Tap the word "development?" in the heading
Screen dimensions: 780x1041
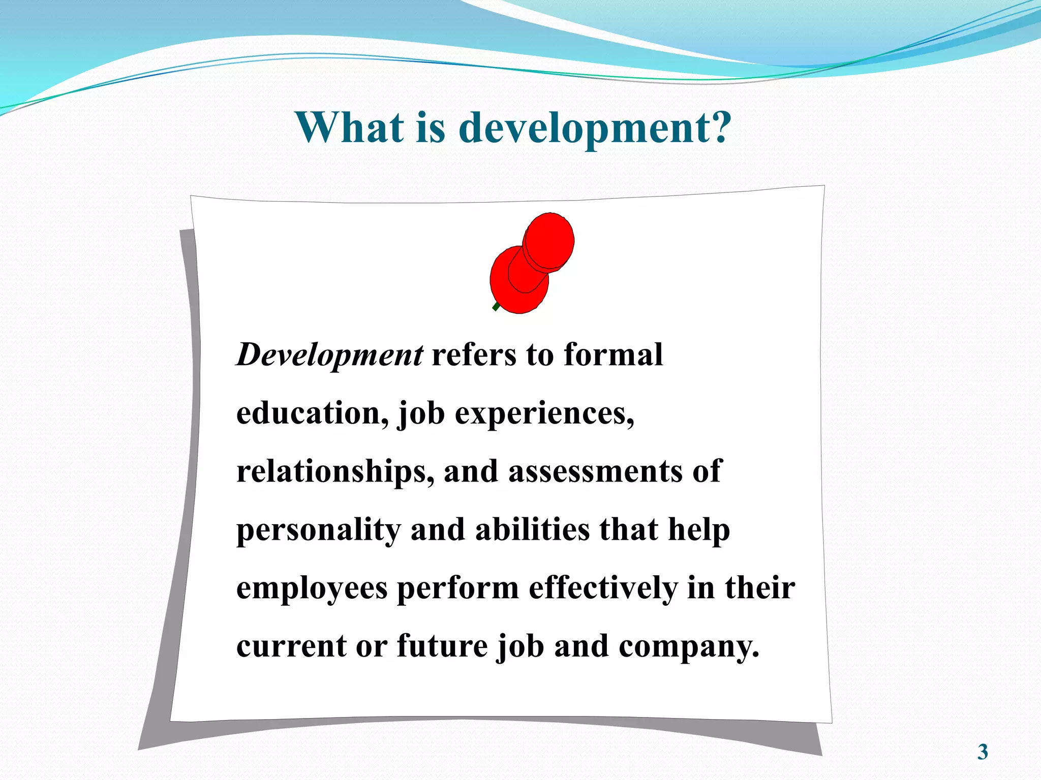[595, 128]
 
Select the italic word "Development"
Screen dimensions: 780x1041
[329, 355]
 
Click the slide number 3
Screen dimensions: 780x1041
[983, 752]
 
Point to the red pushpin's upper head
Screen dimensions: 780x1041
[549, 240]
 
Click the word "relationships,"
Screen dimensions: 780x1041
[335, 472]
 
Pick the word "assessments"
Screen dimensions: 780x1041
[595, 471]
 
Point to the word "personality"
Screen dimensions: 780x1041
[319, 530]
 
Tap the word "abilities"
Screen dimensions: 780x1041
[532, 529]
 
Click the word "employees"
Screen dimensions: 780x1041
[312, 589]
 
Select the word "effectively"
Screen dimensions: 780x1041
[603, 588]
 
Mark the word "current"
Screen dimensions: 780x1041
[291, 646]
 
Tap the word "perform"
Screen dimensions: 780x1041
[458, 589]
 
